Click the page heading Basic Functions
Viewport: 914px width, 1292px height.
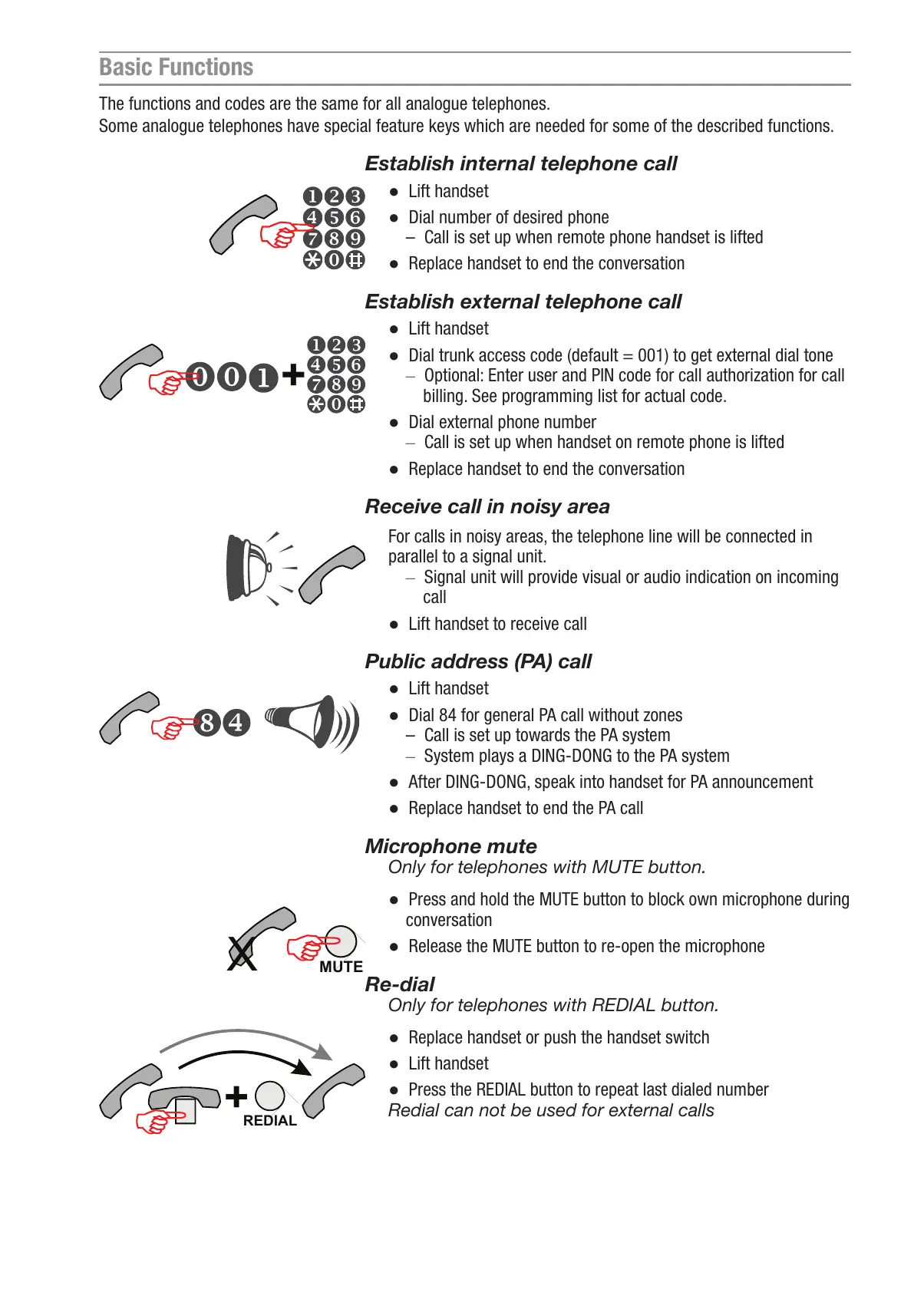tap(176, 68)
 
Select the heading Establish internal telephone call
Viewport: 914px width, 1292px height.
tap(520, 163)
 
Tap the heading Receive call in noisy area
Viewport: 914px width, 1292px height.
tap(487, 506)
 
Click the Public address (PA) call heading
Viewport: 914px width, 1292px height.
tap(478, 661)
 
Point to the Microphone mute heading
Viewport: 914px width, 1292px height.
tap(450, 846)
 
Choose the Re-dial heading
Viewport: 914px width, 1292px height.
tap(399, 984)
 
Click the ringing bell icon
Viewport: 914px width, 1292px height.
tap(249, 568)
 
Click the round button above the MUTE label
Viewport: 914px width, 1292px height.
tap(341, 941)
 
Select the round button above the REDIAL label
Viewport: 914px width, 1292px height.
tap(269, 1096)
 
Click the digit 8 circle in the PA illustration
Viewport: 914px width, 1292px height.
tap(207, 723)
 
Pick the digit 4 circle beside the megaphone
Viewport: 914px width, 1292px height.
tap(236, 723)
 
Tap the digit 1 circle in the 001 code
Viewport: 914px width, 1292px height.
tap(263, 377)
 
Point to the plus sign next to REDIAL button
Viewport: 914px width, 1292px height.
tap(236, 1096)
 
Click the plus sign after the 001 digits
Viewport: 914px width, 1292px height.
tap(292, 375)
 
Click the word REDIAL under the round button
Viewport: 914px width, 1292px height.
tap(269, 1121)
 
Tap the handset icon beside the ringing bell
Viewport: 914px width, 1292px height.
tap(332, 574)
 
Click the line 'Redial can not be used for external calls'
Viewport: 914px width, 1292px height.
tap(550, 1110)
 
